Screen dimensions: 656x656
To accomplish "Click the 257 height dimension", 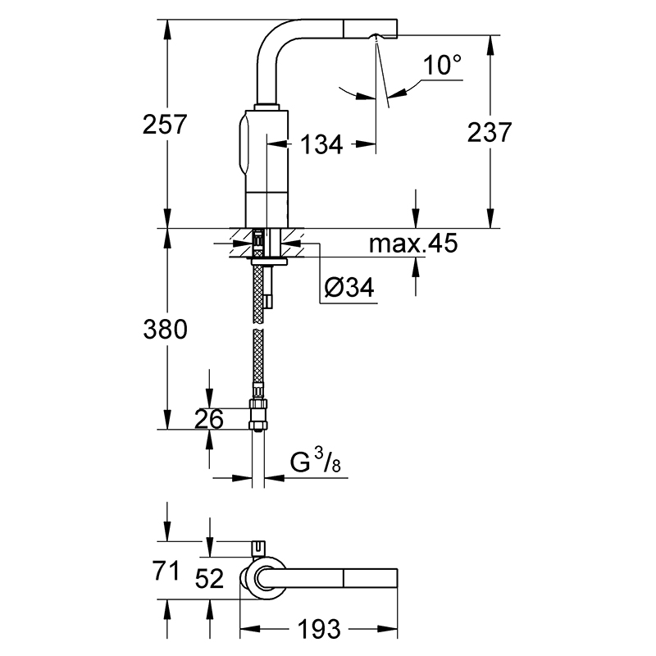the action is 165,125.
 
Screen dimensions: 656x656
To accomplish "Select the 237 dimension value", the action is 489,132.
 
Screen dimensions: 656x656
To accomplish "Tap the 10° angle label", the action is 442,66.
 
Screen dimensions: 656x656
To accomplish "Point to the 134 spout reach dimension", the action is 321,145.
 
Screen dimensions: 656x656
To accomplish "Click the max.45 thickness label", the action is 413,243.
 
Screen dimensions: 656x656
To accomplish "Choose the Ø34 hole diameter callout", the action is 349,288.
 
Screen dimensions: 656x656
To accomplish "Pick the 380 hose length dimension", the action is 166,329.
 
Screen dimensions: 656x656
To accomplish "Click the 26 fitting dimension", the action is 209,419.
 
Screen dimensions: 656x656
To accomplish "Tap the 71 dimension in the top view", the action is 166,571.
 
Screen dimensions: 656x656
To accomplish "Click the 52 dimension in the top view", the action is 209,579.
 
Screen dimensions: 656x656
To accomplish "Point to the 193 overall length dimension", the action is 319,629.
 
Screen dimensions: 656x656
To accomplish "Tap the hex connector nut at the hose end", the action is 257,415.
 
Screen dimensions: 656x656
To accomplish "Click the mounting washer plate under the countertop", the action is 270,262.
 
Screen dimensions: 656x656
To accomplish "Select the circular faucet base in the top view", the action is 265,579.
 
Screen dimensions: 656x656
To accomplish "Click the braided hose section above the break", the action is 258,294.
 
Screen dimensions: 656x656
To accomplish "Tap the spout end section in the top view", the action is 371,579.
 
